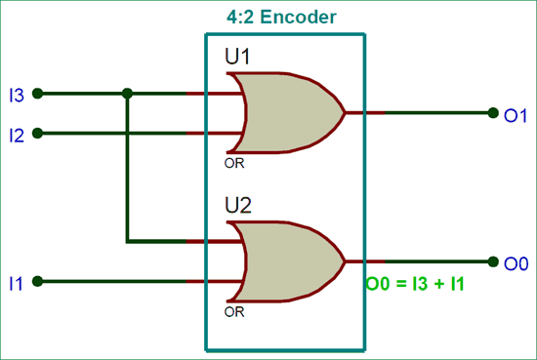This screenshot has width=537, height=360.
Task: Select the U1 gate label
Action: [238, 58]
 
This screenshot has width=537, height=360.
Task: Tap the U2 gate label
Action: [238, 206]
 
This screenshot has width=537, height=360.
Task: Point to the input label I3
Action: [16, 95]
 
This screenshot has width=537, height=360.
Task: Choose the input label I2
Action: [16, 134]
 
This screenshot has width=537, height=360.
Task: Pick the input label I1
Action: [16, 283]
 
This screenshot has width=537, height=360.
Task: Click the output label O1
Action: [516, 114]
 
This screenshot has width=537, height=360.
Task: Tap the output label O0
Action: [516, 262]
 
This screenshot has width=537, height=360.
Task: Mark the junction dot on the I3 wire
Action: [127, 95]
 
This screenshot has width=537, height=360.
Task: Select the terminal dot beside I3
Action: [37, 95]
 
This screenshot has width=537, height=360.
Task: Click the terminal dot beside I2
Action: [37, 133]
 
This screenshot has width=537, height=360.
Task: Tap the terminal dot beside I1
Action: [37, 282]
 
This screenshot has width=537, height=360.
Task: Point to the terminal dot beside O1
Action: [493, 113]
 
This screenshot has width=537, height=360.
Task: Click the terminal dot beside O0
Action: [493, 261]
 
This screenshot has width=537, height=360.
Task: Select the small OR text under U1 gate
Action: [234, 164]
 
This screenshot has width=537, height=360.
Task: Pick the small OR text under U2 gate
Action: [234, 313]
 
